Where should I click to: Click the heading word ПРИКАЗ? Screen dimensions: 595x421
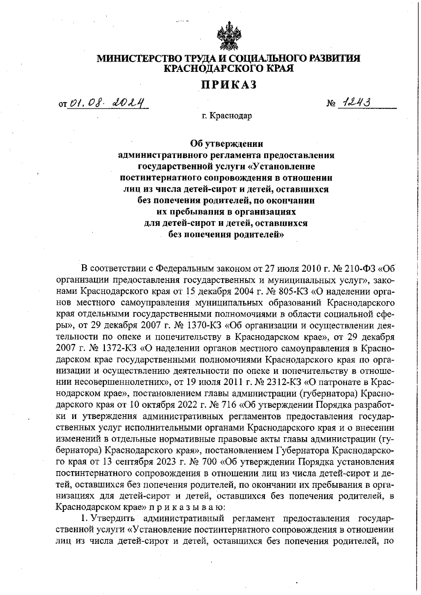(x=229, y=84)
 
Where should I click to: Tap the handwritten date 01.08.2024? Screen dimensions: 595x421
(x=107, y=103)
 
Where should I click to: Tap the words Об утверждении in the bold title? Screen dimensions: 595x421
(x=226, y=144)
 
